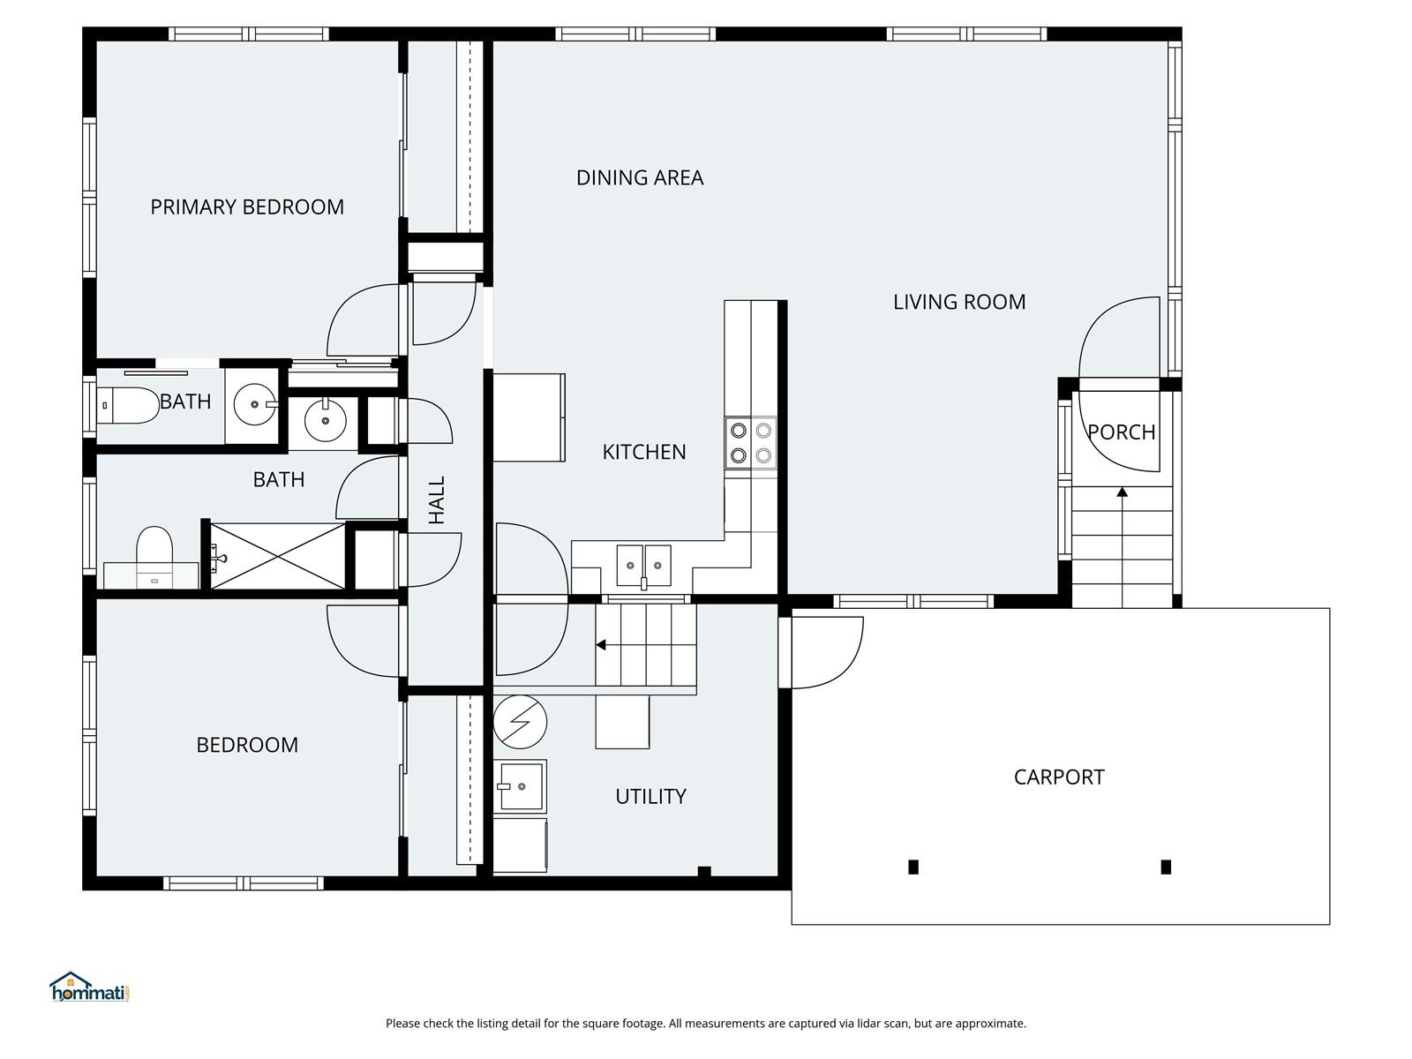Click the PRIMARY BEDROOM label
point(247,207)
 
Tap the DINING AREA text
point(640,177)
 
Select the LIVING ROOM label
point(959,302)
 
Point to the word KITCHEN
point(644,452)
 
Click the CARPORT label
point(1059,777)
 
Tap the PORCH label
point(1121,432)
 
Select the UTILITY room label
point(650,796)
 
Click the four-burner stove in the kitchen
point(751,443)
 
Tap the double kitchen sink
point(643,565)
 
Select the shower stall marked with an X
point(277,555)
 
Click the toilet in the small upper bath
point(128,405)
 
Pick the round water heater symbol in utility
point(520,721)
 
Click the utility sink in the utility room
point(520,785)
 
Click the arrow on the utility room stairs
point(601,645)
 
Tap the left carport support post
point(913,867)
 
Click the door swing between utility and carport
point(825,651)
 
